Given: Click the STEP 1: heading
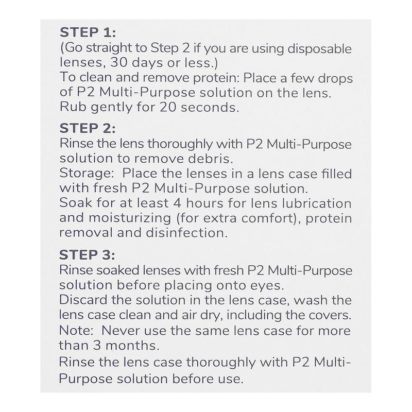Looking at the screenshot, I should [x=89, y=32].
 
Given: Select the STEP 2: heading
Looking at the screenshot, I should [x=89, y=127].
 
